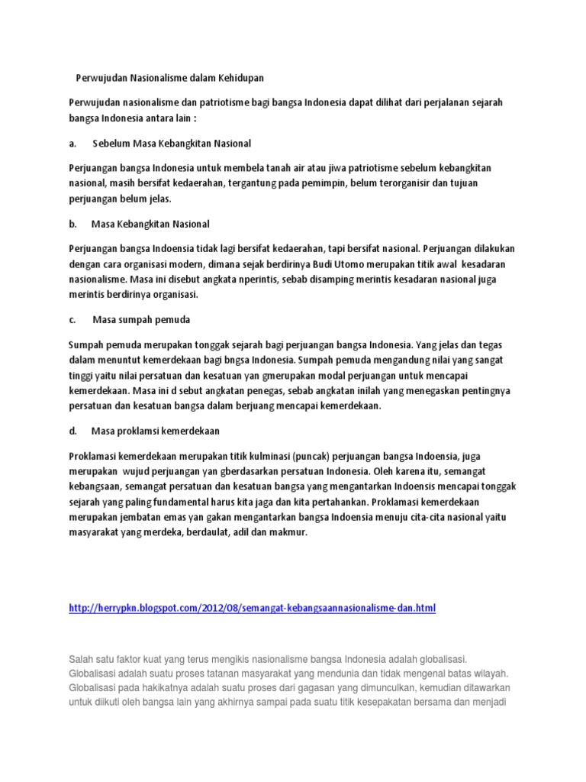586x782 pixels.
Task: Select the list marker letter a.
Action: coord(72,143)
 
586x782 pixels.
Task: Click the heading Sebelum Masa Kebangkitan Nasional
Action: coord(172,143)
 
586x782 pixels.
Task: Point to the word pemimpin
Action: coord(318,184)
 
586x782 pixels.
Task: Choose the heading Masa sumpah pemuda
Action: coord(141,319)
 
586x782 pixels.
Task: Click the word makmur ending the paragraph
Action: coord(289,532)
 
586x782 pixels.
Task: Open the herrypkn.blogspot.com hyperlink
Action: coord(253,608)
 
